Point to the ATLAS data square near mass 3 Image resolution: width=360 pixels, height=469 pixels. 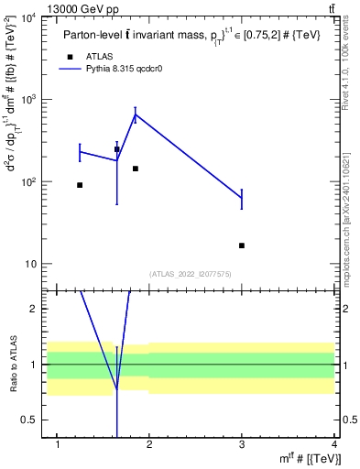[x=242, y=245]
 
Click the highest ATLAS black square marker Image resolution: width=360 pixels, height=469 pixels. [x=116, y=149]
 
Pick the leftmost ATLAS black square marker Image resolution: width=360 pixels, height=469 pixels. [x=80, y=185]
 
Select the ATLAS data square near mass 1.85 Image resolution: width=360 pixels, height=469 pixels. [x=136, y=169]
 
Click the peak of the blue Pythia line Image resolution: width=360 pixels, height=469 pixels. [x=136, y=115]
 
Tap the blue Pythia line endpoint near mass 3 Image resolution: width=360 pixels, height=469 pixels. [x=242, y=199]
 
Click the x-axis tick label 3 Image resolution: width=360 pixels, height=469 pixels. [x=242, y=444]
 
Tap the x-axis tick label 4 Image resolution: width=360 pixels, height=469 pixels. [x=334, y=444]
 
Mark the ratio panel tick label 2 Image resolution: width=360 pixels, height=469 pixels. [x=37, y=309]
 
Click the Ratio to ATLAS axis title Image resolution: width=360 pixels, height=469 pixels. [x=13, y=365]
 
